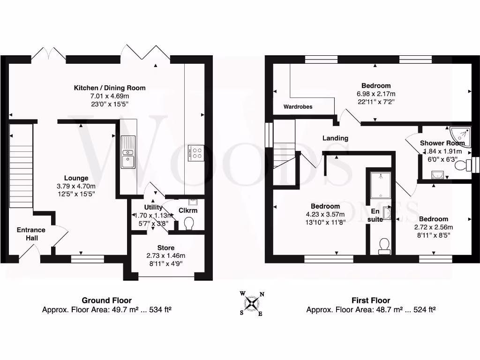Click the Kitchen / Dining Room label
click(110, 88)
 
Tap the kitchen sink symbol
click(127, 152)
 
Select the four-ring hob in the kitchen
click(195, 152)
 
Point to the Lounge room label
click(76, 178)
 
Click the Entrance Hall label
click(31, 234)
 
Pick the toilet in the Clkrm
click(190, 224)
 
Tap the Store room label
click(166, 247)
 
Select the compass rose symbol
click(252, 303)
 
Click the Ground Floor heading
click(107, 300)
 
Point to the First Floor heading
click(371, 300)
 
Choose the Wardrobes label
click(298, 107)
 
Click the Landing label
click(335, 138)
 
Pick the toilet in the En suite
click(384, 245)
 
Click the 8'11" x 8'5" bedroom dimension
click(433, 235)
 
